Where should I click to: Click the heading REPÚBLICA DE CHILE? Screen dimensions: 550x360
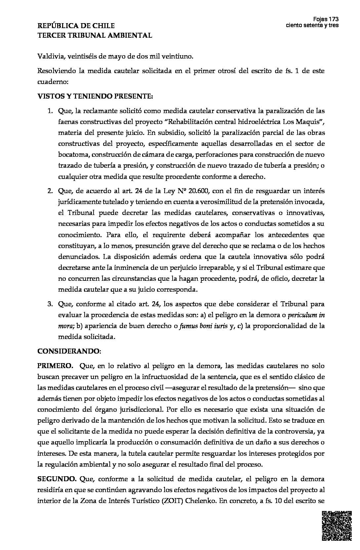(76, 26)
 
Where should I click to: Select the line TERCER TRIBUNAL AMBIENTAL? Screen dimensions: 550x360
(95, 35)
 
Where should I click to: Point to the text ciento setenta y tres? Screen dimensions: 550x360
(312, 25)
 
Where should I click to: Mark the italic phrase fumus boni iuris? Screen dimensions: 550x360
(203, 326)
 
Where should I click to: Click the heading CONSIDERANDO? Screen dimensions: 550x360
(69, 351)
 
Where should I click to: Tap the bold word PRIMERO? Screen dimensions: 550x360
(55, 366)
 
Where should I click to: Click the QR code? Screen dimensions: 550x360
(337, 526)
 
